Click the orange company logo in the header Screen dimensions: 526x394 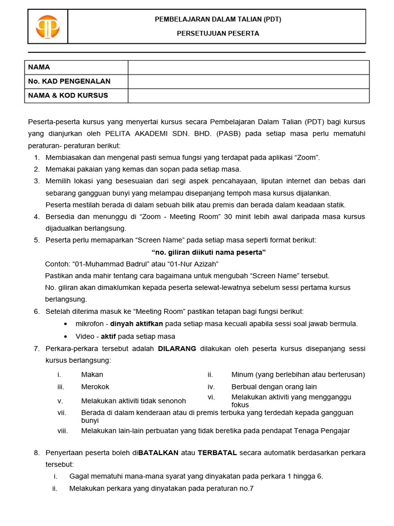(x=47, y=27)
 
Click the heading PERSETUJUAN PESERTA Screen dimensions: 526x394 (x=218, y=33)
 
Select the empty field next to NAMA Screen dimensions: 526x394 (x=248, y=67)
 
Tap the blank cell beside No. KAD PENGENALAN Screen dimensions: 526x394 (x=248, y=81)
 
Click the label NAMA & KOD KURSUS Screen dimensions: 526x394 (x=68, y=96)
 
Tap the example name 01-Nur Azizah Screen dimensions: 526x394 (x=193, y=264)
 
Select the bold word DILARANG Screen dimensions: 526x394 (x=177, y=348)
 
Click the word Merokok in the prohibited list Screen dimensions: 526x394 (x=95, y=387)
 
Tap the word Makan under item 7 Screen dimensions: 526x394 (x=92, y=374)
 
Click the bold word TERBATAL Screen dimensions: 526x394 (x=217, y=453)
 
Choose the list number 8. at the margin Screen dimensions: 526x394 (x=36, y=453)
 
